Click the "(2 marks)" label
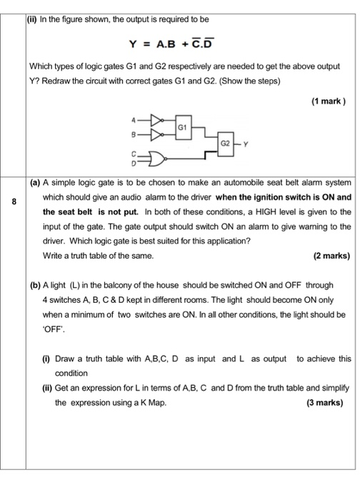(x=331, y=255)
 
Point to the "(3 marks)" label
(x=324, y=402)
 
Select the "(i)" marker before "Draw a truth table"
(x=45, y=358)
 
